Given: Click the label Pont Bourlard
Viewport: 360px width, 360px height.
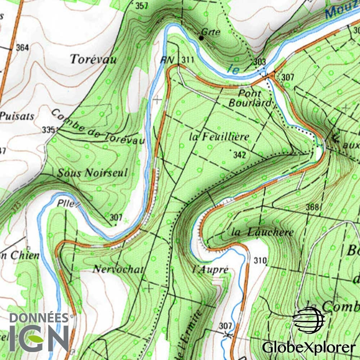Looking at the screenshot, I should [x=250, y=98].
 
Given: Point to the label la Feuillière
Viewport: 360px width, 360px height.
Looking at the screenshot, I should [x=219, y=137].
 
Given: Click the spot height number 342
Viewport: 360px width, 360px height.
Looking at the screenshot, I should [x=239, y=155].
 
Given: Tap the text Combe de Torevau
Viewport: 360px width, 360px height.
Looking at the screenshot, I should [x=97, y=127].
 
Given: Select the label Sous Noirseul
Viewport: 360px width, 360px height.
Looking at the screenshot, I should [x=93, y=173].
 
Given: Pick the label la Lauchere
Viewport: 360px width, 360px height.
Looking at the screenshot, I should [x=262, y=232].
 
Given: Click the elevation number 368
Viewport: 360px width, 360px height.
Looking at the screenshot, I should [x=312, y=207].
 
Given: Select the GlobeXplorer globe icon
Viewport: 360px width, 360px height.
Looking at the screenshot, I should [x=309, y=320].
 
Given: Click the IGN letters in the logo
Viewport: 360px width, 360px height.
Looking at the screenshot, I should [x=39, y=338].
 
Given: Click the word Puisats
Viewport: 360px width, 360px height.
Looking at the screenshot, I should [x=17, y=116].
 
